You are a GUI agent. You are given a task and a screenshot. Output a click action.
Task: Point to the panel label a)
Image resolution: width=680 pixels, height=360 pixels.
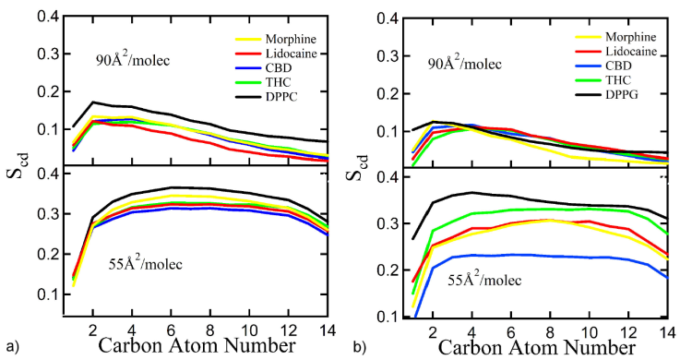[10, 347]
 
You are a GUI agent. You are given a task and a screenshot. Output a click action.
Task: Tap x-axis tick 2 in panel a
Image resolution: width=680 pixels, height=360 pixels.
[92, 328]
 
